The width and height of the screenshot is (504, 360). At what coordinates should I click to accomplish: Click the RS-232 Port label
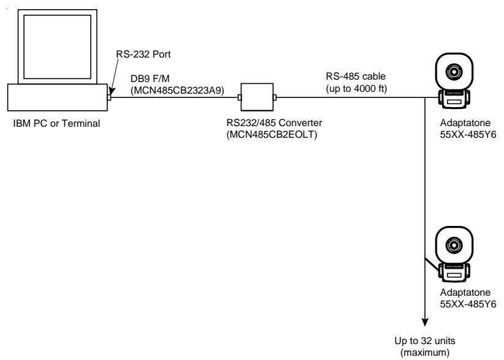143,54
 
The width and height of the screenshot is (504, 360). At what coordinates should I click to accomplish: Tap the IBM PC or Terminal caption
56,124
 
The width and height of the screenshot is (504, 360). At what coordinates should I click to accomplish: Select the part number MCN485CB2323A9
178,91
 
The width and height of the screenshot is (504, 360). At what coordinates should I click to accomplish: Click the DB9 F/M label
150,79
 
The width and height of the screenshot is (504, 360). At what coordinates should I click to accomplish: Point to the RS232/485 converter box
257,97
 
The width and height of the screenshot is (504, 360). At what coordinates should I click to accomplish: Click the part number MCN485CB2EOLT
272,134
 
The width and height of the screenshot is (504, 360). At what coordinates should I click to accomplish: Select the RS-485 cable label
356,77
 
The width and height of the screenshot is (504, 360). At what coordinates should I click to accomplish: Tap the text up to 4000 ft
356,88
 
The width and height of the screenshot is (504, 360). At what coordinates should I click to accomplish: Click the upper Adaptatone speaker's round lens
454,72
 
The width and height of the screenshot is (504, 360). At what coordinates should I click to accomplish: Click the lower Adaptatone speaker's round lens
454,246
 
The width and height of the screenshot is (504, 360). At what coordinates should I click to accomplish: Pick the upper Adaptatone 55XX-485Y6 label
468,129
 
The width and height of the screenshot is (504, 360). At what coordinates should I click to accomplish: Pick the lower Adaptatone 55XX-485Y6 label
468,298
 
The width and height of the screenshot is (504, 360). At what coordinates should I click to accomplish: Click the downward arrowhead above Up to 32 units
425,322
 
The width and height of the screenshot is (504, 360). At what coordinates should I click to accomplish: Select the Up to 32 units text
425,340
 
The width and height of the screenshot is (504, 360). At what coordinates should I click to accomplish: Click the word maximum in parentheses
425,352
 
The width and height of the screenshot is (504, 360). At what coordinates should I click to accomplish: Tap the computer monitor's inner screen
57,47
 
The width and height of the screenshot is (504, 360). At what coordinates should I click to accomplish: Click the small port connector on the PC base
109,97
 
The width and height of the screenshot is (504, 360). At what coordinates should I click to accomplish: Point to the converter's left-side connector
239,97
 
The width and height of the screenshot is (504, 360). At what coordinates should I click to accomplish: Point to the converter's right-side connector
275,97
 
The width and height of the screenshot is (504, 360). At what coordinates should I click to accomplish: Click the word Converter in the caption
300,123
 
